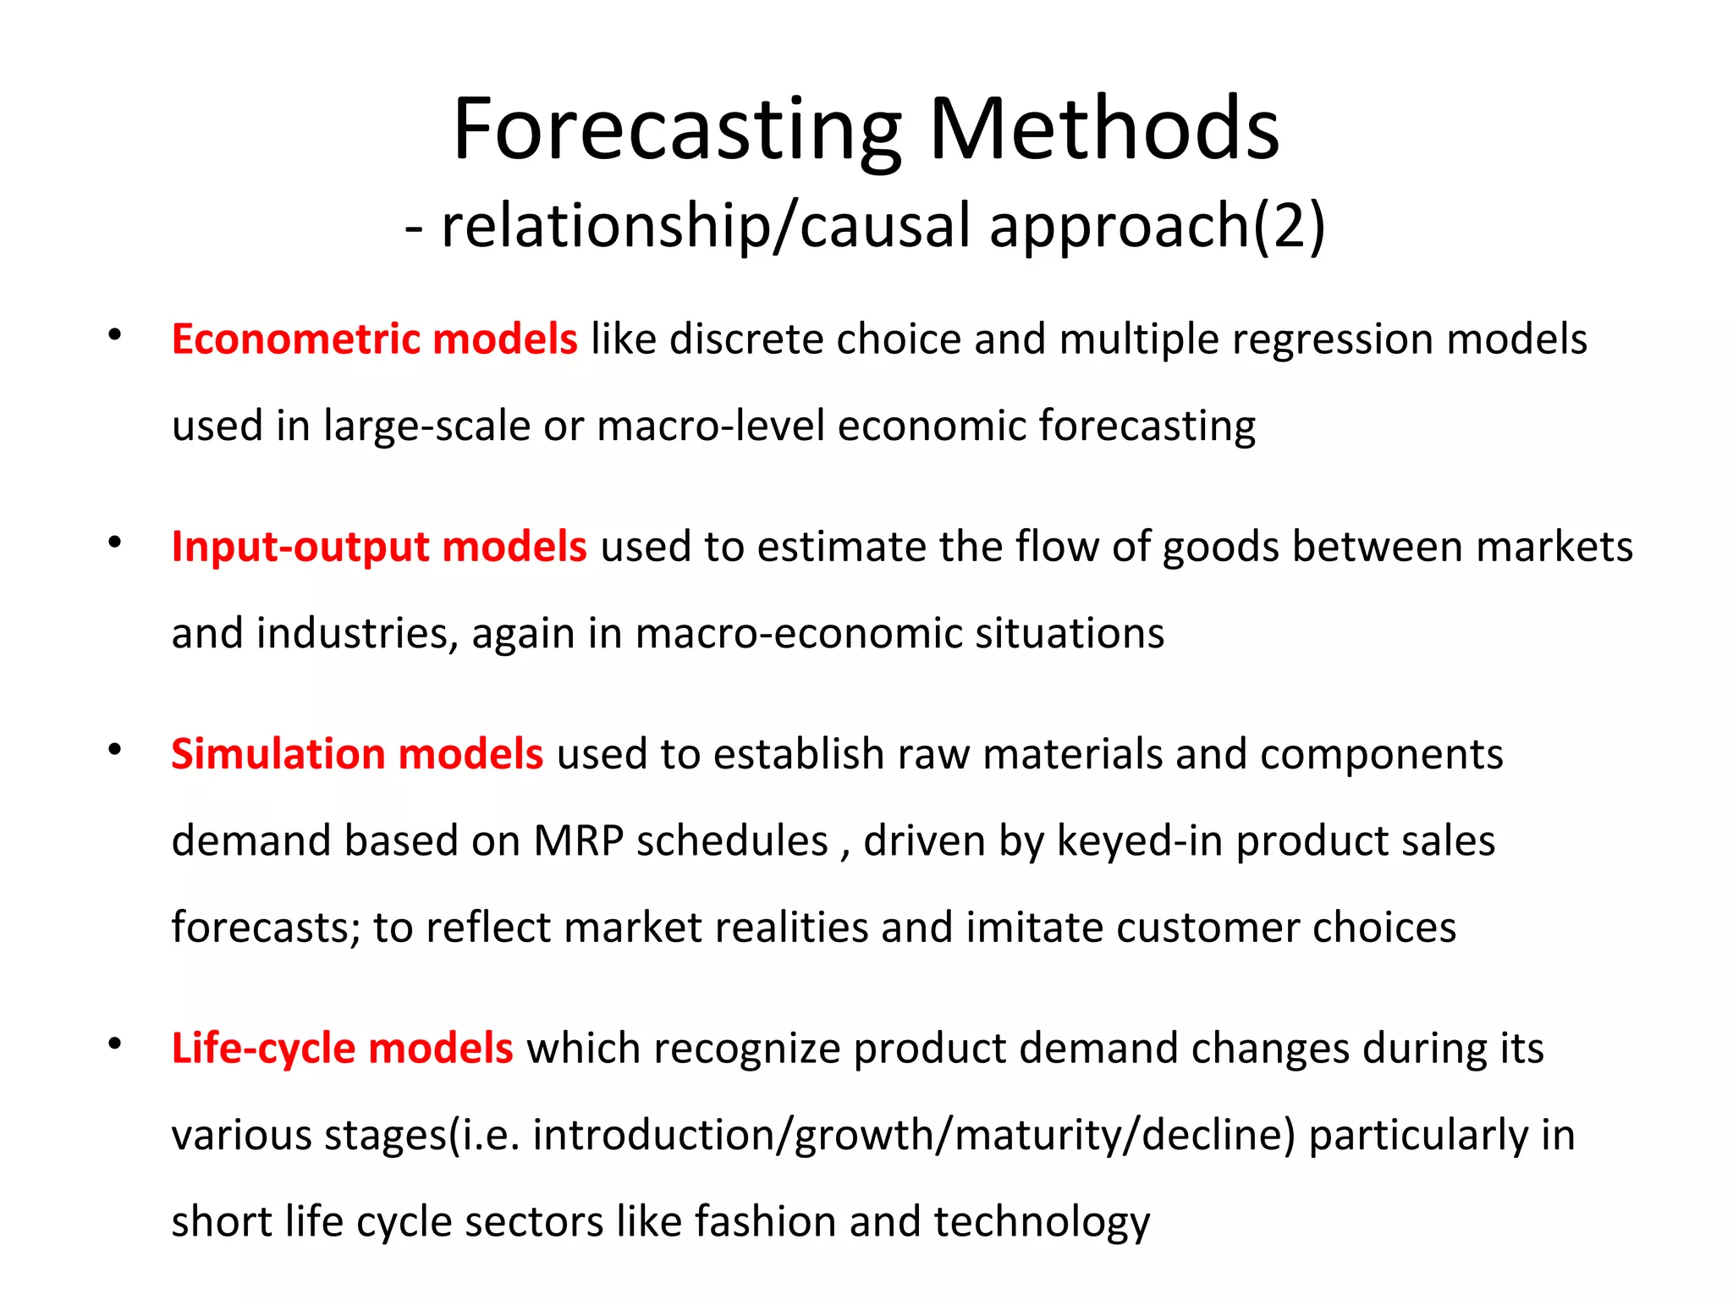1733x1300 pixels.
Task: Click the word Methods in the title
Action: point(1104,131)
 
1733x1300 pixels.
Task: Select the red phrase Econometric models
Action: point(374,339)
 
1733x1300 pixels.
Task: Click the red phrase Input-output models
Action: point(378,547)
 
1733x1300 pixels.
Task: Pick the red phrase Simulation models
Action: point(356,754)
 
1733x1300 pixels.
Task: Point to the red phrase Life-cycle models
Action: point(342,1049)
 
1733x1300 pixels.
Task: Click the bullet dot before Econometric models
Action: point(115,335)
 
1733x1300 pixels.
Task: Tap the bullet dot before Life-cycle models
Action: point(115,1044)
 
